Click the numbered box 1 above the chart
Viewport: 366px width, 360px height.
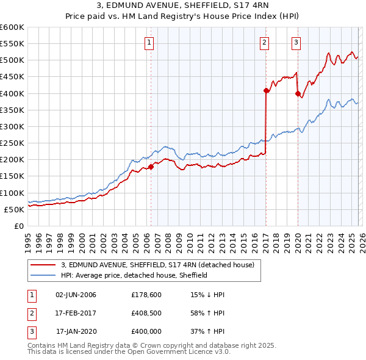point(149,43)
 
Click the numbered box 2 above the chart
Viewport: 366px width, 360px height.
point(265,43)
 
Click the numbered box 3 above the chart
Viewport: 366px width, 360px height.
point(296,43)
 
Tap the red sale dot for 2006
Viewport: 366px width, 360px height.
point(151,167)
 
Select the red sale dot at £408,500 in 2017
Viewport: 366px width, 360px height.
point(267,90)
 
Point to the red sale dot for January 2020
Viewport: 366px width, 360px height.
point(298,93)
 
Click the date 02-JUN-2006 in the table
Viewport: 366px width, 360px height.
point(76,295)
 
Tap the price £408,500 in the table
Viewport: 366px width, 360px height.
point(146,313)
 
